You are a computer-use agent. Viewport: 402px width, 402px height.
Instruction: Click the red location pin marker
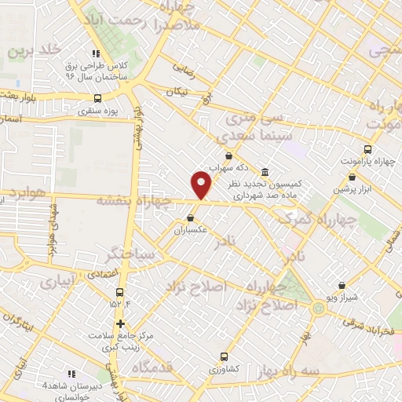[202, 184]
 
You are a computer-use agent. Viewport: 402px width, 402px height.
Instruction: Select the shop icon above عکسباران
[190, 217]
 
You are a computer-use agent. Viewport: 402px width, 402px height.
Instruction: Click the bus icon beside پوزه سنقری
[97, 99]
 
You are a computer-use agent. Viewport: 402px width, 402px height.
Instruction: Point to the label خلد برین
[34, 50]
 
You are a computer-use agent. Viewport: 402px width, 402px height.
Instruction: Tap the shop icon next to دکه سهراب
[228, 155]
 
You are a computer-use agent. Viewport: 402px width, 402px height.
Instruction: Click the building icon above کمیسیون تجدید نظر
[264, 172]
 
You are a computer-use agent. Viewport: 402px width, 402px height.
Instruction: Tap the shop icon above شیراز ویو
[342, 286]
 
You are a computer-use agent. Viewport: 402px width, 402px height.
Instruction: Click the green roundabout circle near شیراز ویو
[318, 308]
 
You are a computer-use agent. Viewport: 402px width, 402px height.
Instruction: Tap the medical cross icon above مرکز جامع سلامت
[119, 323]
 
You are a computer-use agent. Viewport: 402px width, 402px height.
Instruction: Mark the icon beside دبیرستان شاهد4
[72, 374]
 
